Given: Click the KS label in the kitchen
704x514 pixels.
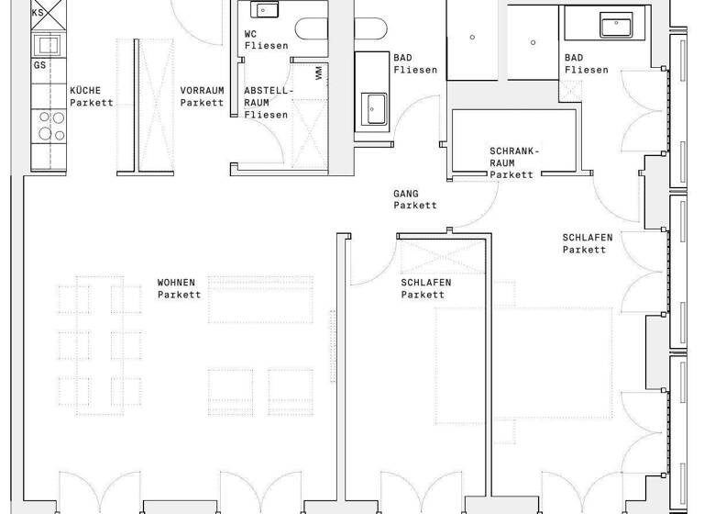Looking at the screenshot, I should (x=38, y=13).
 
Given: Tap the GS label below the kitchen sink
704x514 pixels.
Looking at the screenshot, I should (x=39, y=65).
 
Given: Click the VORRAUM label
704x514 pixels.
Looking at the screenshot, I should (x=202, y=90).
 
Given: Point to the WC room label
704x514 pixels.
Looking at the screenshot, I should (x=251, y=33).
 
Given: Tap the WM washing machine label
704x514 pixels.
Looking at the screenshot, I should (x=318, y=72).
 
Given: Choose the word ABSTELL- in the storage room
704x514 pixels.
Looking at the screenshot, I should (x=268, y=90).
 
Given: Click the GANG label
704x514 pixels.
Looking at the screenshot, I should (x=406, y=194).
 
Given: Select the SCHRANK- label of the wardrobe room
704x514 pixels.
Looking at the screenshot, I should (x=515, y=150).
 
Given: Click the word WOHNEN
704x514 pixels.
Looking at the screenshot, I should (x=177, y=283).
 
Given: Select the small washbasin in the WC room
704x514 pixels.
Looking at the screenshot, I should (x=265, y=11).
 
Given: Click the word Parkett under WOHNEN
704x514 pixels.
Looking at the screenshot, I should (x=179, y=295).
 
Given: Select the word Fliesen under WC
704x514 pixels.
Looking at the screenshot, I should (x=266, y=45).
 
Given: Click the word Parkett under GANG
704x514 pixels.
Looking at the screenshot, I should (x=415, y=206).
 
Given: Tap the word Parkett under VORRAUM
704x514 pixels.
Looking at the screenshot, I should (x=202, y=103).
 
